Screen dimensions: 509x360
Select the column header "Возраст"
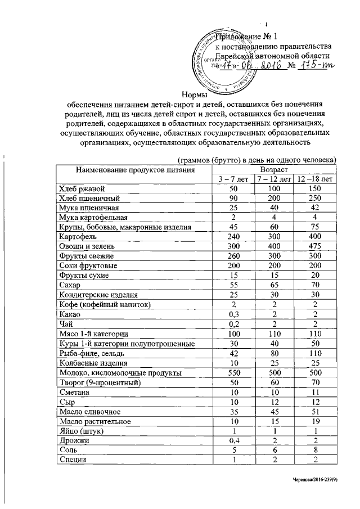click(274, 169)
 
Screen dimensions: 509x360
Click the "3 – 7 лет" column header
click(233, 179)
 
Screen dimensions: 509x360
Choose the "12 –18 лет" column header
click(315, 179)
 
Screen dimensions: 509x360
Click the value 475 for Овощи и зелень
click(315, 246)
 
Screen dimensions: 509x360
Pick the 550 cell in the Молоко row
click(233, 372)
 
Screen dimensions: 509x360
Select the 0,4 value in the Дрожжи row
click(233, 440)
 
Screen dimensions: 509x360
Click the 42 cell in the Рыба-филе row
click(233, 353)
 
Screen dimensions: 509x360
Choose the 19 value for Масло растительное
click(315, 421)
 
